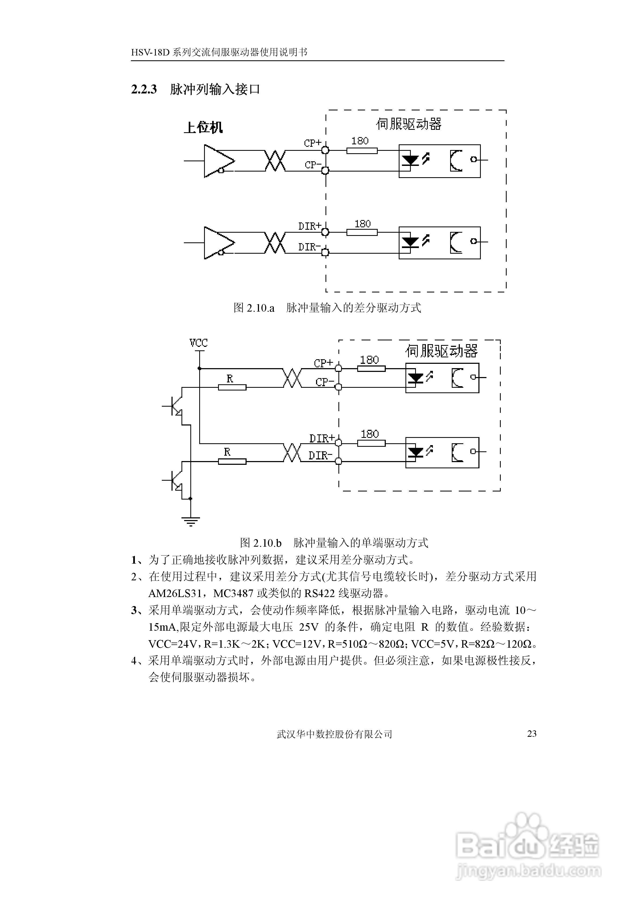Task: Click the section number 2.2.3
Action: (x=144, y=89)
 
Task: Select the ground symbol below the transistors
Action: (x=191, y=521)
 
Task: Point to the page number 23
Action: (x=532, y=734)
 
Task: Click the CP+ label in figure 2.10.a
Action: (x=312, y=143)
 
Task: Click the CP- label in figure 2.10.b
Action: (x=324, y=382)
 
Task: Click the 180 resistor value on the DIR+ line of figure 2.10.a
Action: (x=362, y=224)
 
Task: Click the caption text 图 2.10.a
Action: (x=254, y=308)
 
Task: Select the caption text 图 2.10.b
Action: (x=261, y=543)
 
